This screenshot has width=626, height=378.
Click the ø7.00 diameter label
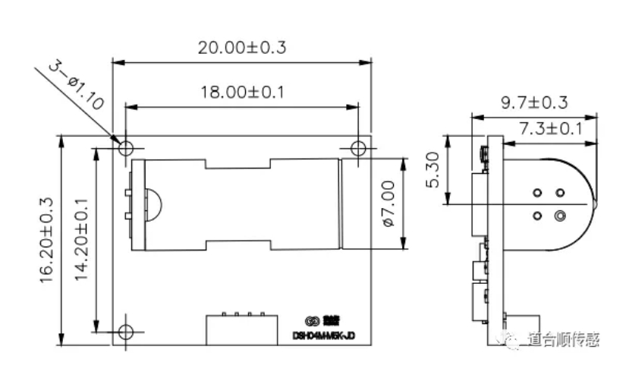pyautogui.click(x=387, y=203)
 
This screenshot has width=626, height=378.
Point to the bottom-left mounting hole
pyautogui.click(x=126, y=331)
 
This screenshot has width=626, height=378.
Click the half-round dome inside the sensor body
pyautogui.click(x=153, y=203)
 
